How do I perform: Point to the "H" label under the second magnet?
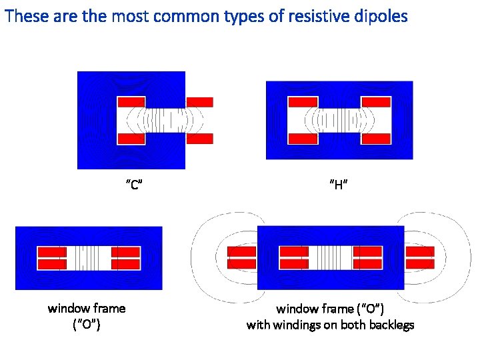(x=339, y=185)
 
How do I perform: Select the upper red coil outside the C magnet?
(x=199, y=102)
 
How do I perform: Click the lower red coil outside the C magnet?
(x=199, y=139)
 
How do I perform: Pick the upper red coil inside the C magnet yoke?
(x=131, y=102)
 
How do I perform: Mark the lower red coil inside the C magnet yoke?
(x=131, y=139)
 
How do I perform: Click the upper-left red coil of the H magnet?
(x=303, y=102)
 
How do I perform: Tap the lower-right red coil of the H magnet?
(x=375, y=138)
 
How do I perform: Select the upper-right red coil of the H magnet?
(x=375, y=102)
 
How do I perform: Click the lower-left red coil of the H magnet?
(x=303, y=138)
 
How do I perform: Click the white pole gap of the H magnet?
(x=339, y=120)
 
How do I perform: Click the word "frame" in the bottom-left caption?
(x=108, y=308)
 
